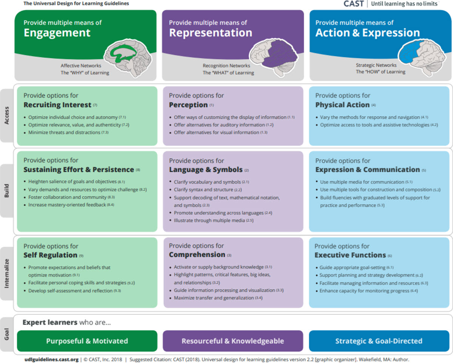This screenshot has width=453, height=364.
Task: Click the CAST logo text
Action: click(x=354, y=4)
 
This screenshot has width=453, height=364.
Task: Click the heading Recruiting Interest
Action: click(x=57, y=105)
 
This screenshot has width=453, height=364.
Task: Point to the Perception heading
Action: click(x=189, y=105)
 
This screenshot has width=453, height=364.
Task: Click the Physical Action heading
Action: click(x=342, y=105)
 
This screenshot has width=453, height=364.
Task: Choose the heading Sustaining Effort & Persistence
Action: click(x=79, y=170)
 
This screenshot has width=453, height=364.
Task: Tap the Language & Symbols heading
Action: click(x=206, y=170)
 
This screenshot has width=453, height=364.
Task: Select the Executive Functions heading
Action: click(x=350, y=255)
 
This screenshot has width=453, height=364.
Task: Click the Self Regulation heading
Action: click(x=50, y=255)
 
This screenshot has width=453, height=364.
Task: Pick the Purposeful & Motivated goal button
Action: click(x=87, y=341)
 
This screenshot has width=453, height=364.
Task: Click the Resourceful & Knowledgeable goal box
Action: click(x=233, y=341)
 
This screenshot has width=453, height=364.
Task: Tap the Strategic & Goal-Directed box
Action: click(x=379, y=341)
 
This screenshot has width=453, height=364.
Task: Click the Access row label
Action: click(x=7, y=116)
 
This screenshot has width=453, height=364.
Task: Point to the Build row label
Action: click(x=7, y=191)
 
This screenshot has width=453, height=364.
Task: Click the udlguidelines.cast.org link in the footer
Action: click(x=51, y=360)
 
